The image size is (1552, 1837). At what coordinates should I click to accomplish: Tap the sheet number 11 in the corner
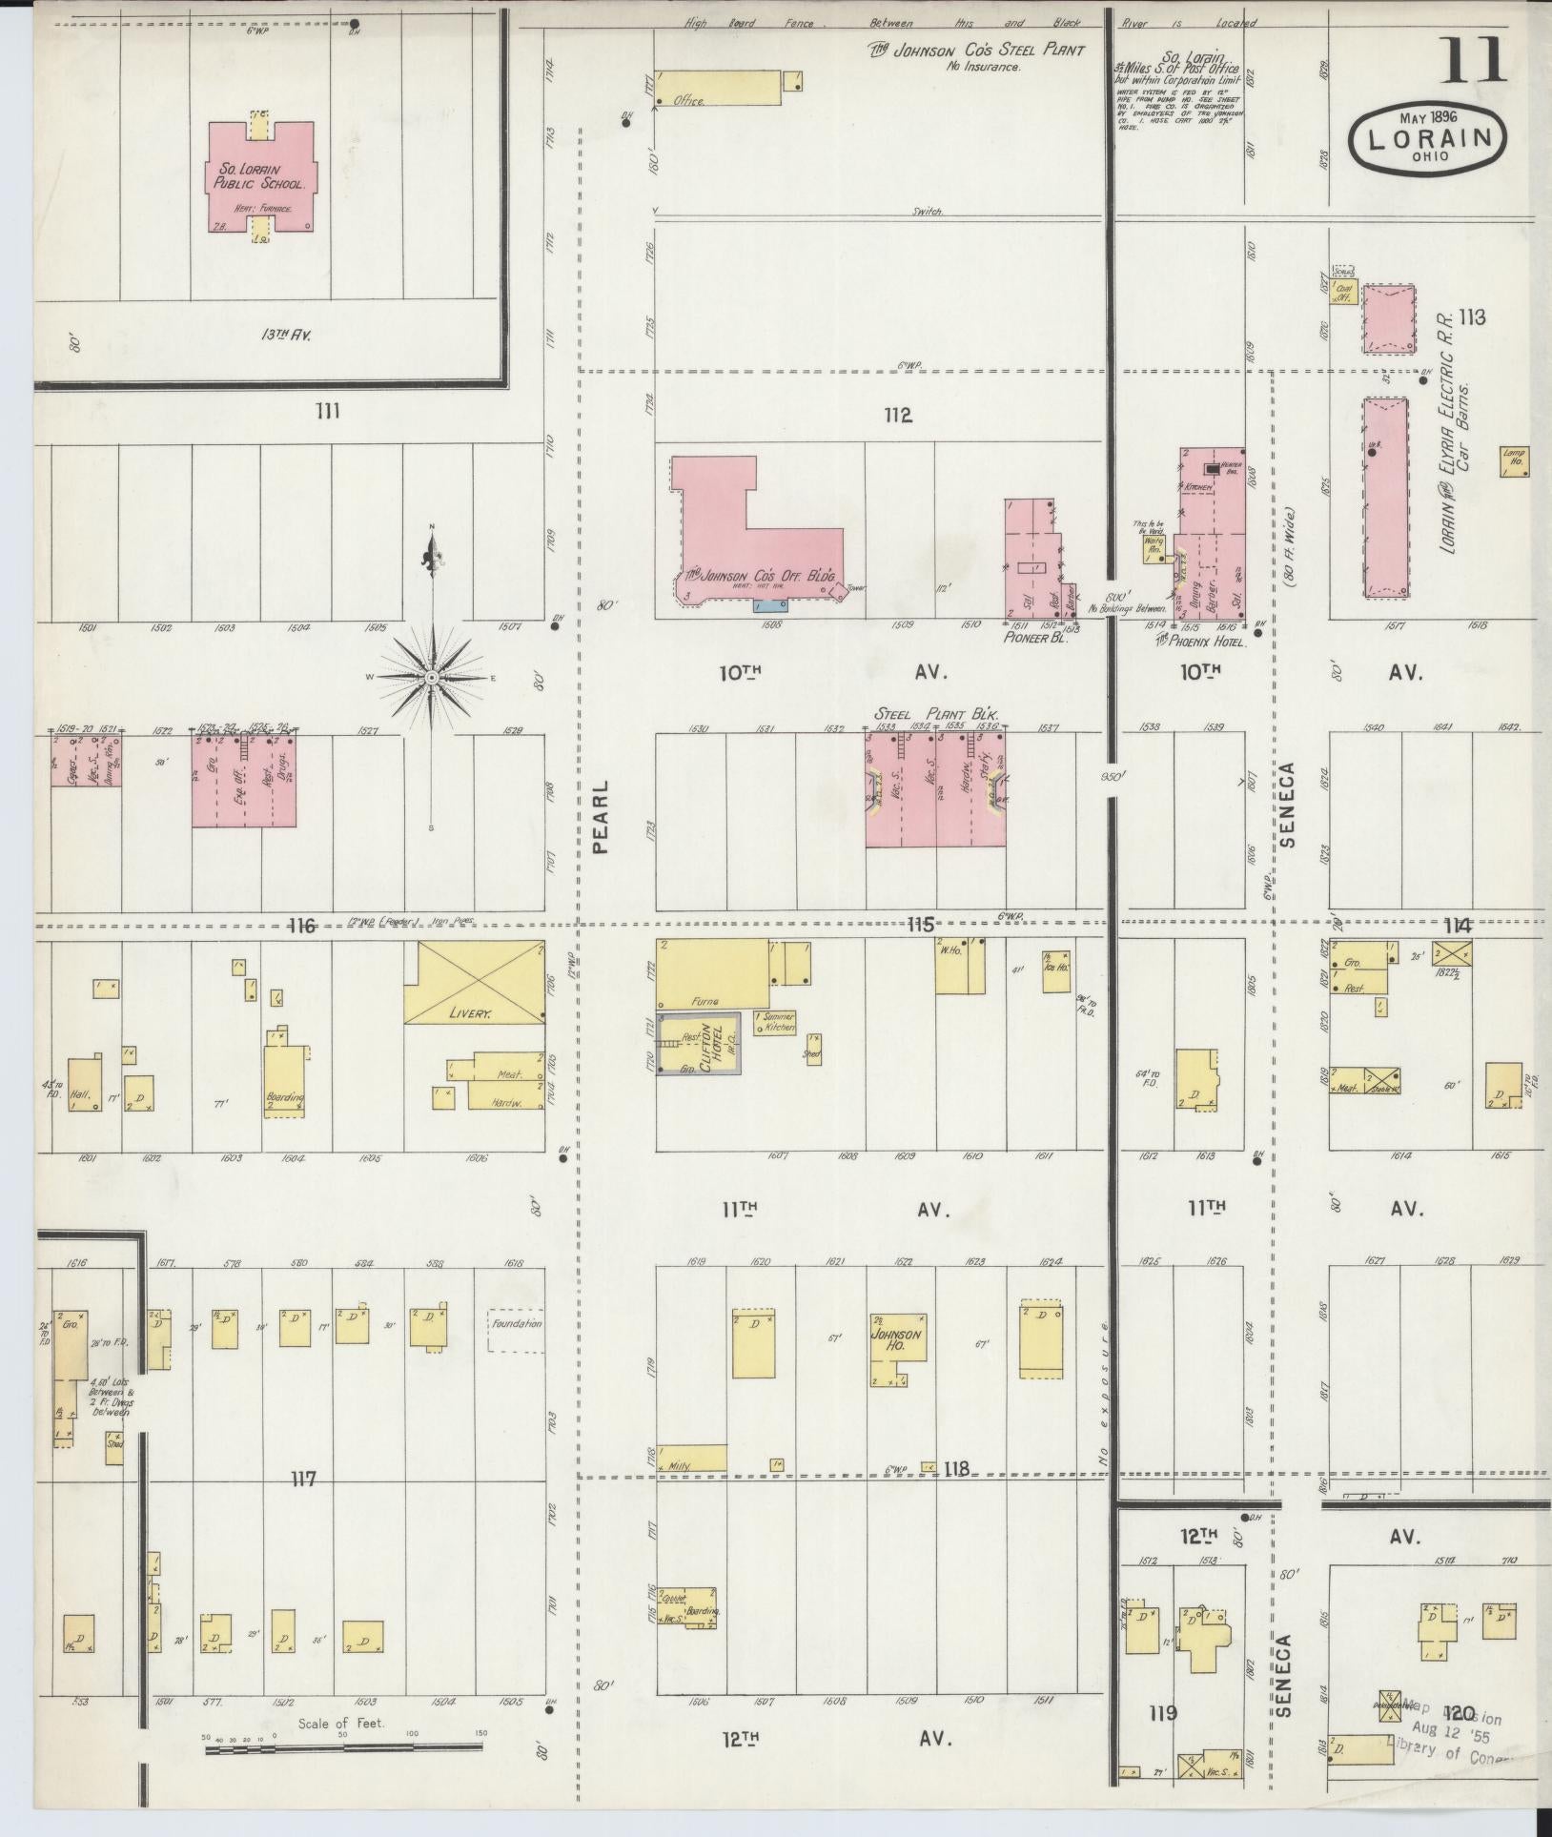click(1473, 60)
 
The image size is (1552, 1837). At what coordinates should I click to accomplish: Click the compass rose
click(431, 676)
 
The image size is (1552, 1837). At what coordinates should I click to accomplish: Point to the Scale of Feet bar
click(343, 1746)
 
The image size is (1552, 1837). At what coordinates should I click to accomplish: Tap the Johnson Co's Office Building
click(744, 543)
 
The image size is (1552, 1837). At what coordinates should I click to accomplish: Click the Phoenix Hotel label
click(1201, 643)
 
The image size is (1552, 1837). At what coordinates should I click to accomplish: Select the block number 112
click(897, 416)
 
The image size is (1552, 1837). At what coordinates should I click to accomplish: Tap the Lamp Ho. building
click(1514, 462)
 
